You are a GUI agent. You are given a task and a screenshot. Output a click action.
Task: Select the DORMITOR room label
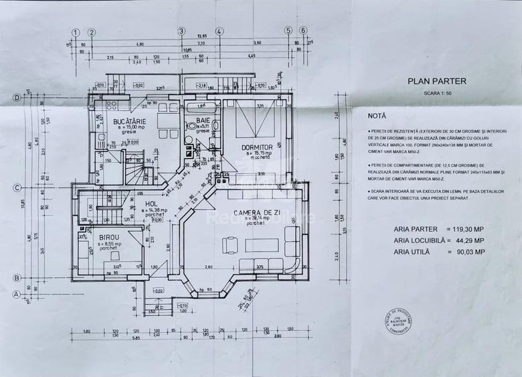tap(255, 147)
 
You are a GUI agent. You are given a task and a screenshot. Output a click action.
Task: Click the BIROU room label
tap(110, 237)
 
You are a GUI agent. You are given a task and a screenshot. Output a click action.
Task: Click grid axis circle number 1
tap(76, 31)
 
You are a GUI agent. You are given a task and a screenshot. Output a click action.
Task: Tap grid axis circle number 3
tap(181, 31)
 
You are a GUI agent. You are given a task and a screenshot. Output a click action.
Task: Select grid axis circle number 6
tap(303, 31)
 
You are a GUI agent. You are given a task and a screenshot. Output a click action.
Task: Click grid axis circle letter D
tap(16, 98)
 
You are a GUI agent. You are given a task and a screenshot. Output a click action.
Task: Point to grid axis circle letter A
tap(16, 293)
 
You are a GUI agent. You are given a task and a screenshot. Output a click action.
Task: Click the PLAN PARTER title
tap(437, 80)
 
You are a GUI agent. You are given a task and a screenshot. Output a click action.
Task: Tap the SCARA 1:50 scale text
tap(437, 94)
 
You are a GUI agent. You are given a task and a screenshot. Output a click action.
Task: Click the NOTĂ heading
tap(377, 116)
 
